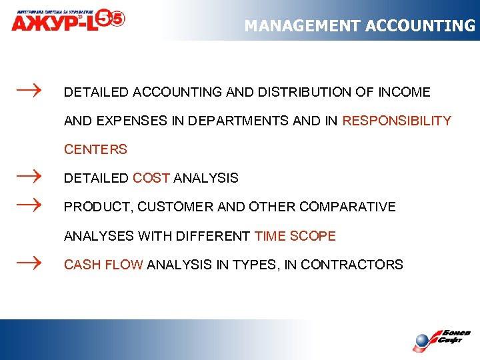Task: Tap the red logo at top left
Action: point(67,19)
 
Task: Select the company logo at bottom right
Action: point(441,339)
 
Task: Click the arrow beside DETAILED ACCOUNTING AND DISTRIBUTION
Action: point(29,89)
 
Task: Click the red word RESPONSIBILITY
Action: point(397,121)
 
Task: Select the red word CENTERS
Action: point(95,149)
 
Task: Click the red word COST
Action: point(151,178)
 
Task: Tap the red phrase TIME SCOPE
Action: point(295,236)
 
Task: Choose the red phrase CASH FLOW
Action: point(103,265)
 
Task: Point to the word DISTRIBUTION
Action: point(295,92)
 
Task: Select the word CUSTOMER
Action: point(176,207)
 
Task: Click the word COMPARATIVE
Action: point(347,207)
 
